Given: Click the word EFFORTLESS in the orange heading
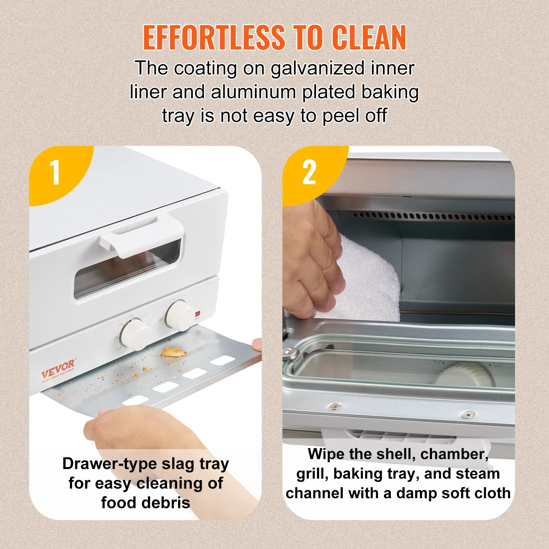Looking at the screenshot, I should (x=213, y=38).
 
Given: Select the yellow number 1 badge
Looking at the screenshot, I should (x=55, y=173).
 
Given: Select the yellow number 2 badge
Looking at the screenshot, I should (x=309, y=173).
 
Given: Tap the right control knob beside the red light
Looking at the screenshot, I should (x=180, y=315).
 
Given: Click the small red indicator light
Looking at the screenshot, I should (x=197, y=314).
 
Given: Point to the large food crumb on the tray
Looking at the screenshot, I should (x=174, y=352).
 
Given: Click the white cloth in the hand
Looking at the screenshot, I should (x=367, y=278).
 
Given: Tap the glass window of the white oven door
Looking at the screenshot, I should (x=127, y=271).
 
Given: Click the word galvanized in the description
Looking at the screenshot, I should (x=317, y=69).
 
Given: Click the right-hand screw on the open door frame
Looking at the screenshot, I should (x=467, y=414).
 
